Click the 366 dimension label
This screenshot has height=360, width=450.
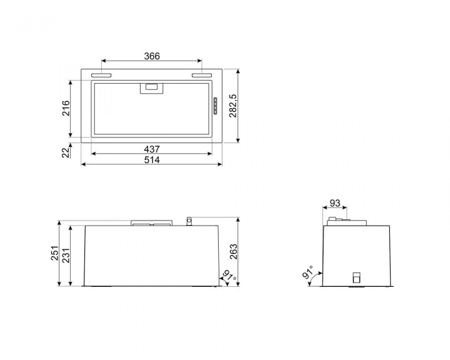[152, 56]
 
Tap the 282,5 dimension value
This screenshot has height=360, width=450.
[232, 106]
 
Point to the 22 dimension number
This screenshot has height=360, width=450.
[66, 151]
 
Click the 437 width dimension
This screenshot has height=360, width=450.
[152, 149]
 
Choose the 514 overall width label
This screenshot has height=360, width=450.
[152, 160]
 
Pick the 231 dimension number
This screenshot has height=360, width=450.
[66, 255]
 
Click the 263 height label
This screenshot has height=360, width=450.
[233, 252]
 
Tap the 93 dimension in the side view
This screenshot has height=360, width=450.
[334, 203]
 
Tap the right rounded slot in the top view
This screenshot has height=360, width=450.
[202, 76]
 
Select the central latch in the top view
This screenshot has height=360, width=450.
[151, 88]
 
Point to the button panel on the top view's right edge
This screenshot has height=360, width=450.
[214, 106]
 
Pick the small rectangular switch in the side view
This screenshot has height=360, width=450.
[357, 277]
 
